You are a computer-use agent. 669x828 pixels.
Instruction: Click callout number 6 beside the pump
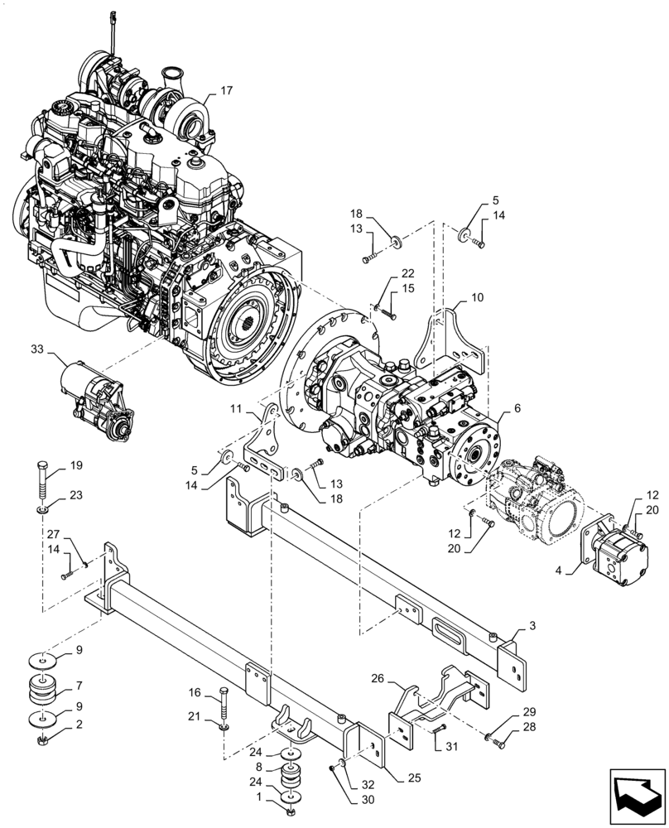(x=517, y=408)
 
